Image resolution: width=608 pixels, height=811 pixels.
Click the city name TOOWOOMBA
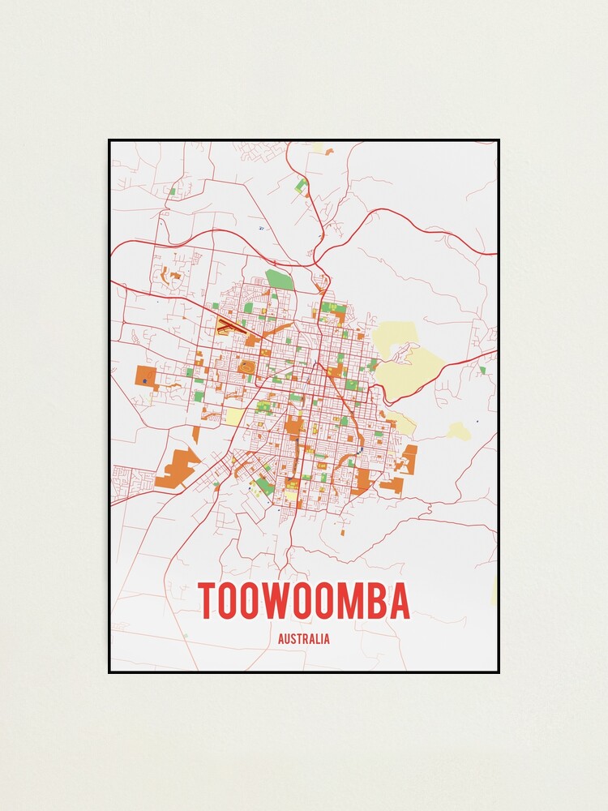point(304,601)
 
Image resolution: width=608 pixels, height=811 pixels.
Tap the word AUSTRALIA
point(304,639)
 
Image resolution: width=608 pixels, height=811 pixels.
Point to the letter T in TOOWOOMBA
point(208,601)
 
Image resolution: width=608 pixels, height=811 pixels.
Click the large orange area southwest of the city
point(178,470)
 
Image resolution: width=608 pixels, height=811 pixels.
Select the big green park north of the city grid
point(279,280)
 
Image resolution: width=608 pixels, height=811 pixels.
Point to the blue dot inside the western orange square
point(144,380)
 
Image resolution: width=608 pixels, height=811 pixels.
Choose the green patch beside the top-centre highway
point(301,186)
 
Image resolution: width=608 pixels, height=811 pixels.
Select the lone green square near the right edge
point(482,370)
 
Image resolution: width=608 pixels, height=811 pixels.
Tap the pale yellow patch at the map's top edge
point(319,148)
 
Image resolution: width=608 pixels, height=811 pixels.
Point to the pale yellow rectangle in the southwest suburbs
point(233,416)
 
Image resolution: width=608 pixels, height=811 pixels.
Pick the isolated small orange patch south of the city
point(343,532)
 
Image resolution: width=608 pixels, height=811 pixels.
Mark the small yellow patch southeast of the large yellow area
point(459,431)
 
